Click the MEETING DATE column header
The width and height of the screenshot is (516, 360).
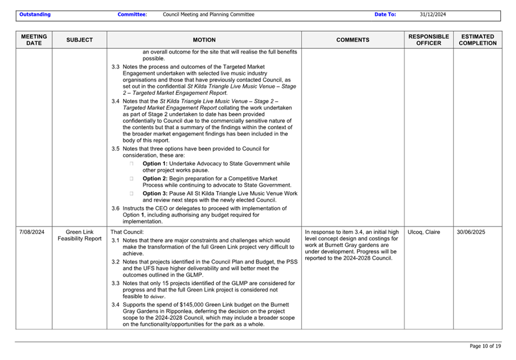pos(34,40)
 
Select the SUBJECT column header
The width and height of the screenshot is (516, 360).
pos(79,40)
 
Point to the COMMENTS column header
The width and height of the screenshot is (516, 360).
pos(353,40)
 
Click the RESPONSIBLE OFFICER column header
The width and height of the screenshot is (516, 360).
pos(428,40)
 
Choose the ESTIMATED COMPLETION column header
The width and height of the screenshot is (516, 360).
pos(478,40)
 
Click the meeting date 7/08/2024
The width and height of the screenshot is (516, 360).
pos(32,232)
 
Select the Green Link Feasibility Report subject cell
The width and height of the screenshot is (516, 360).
pos(79,235)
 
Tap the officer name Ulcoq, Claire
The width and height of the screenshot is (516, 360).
pos(424,232)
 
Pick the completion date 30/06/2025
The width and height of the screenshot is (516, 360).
pos(471,232)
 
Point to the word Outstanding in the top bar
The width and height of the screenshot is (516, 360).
pos(34,14)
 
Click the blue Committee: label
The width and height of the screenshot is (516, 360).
pos(132,14)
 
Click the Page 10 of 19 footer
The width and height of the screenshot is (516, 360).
pos(486,346)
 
